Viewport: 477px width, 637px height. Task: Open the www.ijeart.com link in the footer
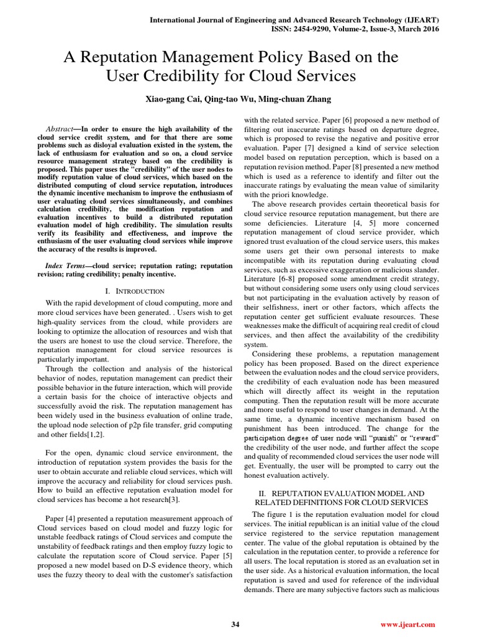407,625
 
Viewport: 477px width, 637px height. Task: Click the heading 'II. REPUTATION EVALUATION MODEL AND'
341,493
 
